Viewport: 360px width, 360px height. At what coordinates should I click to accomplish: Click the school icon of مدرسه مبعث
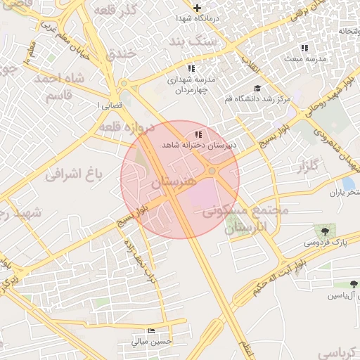[x=304, y=48]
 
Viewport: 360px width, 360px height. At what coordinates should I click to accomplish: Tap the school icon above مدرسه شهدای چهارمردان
[x=191, y=68]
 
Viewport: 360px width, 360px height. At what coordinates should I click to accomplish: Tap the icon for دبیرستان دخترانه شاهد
[x=198, y=134]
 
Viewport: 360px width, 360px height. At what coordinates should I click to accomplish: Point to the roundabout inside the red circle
[x=212, y=171]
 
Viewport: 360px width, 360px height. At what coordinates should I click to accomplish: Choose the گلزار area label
[x=308, y=167]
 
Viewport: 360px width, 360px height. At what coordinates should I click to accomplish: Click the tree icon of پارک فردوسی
[x=325, y=230]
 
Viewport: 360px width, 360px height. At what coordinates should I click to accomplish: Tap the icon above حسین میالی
[x=151, y=330]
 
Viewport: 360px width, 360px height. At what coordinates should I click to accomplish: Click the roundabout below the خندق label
[x=124, y=84]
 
